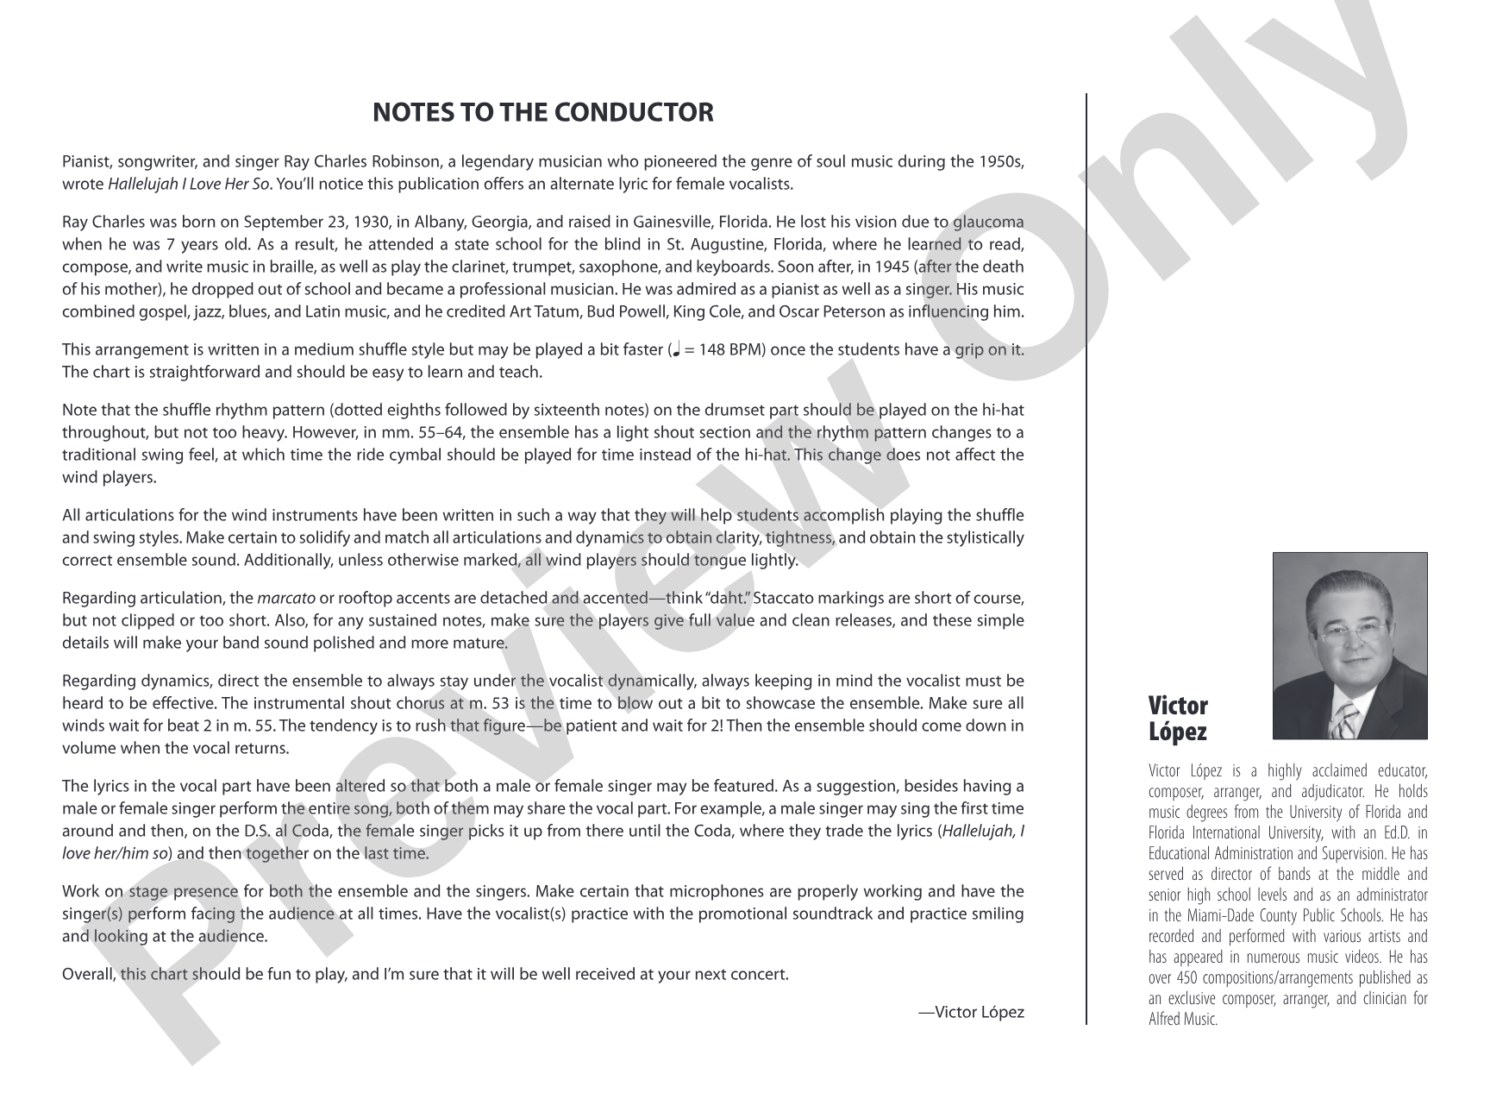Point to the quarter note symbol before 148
click(x=676, y=350)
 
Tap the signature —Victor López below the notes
click(x=971, y=1012)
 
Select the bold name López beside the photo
click(x=1178, y=732)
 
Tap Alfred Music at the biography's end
click(x=1183, y=1019)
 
